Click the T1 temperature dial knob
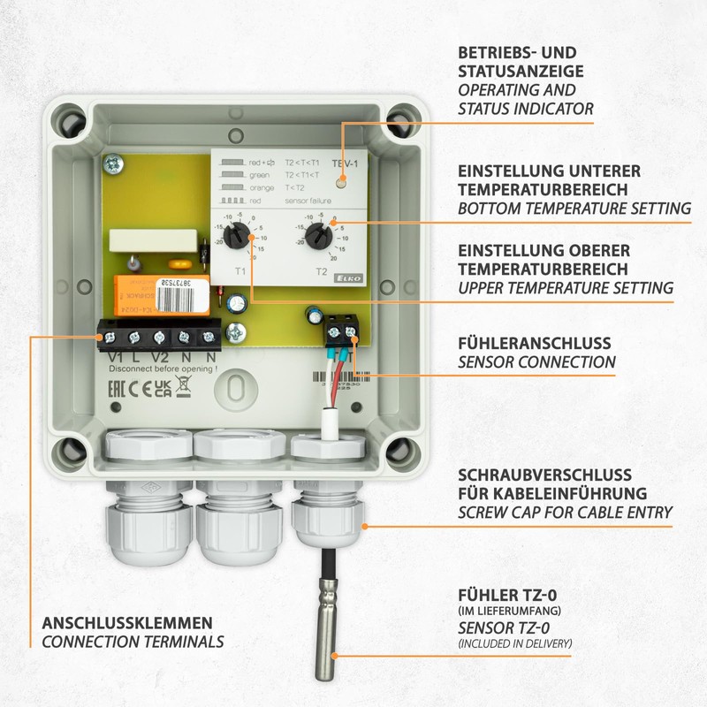tap(236, 235)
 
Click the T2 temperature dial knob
tap(319, 235)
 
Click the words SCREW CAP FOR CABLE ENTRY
tap(565, 513)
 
